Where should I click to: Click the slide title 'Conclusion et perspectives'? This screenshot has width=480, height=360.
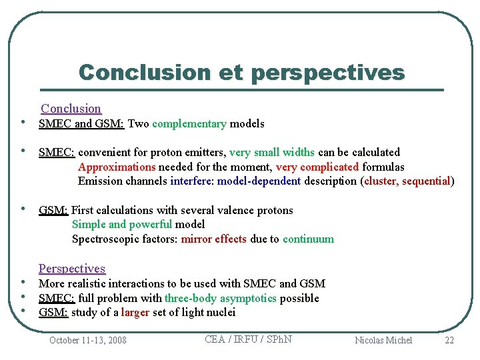[241, 72]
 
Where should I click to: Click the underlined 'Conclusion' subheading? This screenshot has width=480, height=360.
[71, 109]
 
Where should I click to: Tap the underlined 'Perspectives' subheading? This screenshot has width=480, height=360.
[72, 269]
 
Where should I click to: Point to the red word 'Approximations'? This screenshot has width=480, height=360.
[117, 167]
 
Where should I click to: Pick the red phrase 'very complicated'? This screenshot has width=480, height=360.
[317, 167]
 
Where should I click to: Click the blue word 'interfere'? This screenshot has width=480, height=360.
[190, 181]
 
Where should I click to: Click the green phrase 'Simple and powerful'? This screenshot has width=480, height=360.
[121, 224]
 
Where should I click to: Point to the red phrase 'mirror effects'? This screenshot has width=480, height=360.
[213, 239]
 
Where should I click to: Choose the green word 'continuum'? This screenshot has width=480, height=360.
[308, 239]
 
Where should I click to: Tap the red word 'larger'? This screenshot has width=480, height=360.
[135, 312]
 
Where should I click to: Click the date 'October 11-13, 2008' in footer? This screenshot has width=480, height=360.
[88, 340]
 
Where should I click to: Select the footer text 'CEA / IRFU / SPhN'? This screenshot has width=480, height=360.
[248, 339]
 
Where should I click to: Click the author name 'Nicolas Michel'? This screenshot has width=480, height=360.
[383, 340]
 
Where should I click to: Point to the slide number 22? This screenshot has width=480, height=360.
[449, 340]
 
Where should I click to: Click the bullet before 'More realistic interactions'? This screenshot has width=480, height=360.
[23, 283]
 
